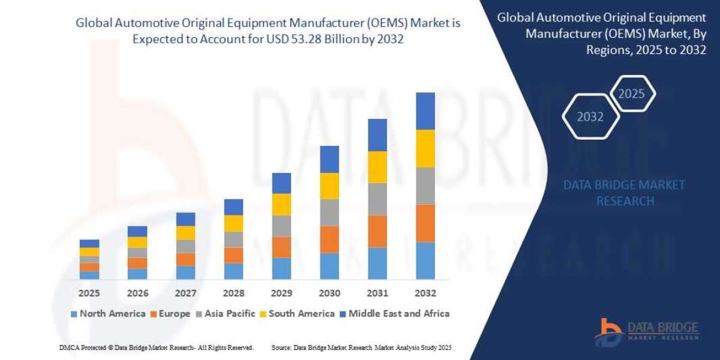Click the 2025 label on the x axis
pos(89,293)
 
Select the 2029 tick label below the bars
pos(281,293)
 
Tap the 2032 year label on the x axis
pos(425,293)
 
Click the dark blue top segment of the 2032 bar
pos(425,111)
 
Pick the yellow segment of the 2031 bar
pos(377,167)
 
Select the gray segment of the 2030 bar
pos(329,212)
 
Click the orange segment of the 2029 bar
pos(281,247)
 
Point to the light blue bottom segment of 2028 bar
pos(233,271)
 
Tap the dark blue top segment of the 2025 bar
pos(89,244)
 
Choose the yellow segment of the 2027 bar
pos(185,233)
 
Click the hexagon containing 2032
pos(590,117)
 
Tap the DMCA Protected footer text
pos(156,347)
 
